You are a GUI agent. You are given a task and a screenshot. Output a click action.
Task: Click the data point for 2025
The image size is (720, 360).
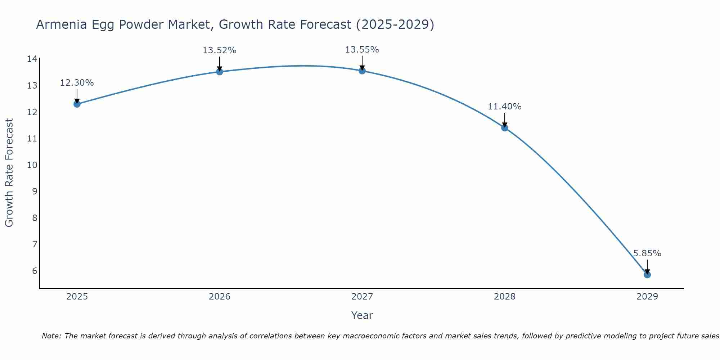click(x=77, y=104)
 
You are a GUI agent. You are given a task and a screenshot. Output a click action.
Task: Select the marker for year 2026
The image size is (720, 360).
click(x=220, y=72)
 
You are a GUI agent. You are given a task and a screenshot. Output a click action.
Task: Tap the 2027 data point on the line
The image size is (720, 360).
click(x=362, y=71)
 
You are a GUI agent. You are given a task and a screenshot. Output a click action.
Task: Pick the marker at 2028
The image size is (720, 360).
click(x=505, y=128)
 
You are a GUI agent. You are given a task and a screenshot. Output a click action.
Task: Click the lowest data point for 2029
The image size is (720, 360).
click(x=647, y=275)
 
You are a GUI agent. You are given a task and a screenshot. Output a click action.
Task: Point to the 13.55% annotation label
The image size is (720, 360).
click(x=362, y=50)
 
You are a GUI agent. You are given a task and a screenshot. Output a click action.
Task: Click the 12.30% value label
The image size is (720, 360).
click(x=77, y=83)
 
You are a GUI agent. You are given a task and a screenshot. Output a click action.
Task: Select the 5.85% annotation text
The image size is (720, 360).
click(x=647, y=253)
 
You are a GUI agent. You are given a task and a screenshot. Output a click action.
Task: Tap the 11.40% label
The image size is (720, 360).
click(x=504, y=107)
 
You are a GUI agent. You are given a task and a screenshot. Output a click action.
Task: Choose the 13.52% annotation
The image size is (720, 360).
click(x=219, y=50)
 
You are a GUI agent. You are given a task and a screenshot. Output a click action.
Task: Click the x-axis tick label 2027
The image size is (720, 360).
click(x=362, y=297)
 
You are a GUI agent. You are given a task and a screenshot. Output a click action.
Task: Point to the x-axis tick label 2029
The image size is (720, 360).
click(x=647, y=297)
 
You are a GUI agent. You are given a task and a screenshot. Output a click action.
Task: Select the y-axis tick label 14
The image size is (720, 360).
click(x=32, y=59)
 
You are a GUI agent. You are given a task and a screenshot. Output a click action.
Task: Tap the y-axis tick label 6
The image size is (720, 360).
click(x=35, y=271)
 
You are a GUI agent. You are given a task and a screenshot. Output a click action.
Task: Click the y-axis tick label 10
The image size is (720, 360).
click(x=32, y=165)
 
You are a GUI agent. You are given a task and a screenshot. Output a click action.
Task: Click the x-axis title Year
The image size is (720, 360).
click(x=362, y=315)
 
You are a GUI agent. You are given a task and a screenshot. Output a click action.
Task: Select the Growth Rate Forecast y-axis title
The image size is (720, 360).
click(x=9, y=173)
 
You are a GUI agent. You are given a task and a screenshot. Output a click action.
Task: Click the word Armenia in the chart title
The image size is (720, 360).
click(x=62, y=24)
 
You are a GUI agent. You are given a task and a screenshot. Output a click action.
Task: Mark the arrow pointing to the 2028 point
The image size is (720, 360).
click(x=505, y=120)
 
